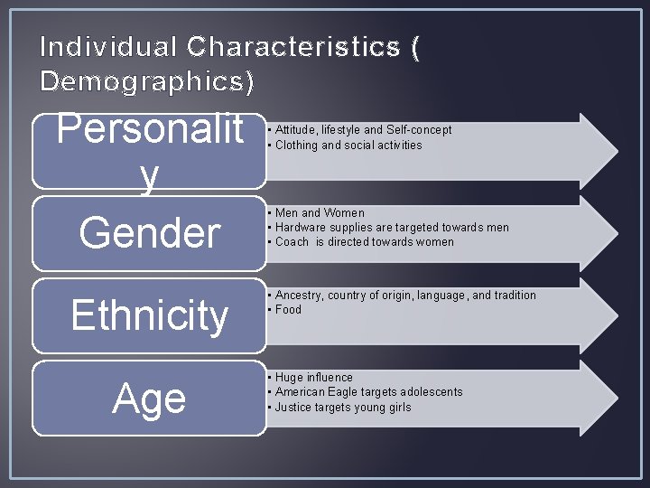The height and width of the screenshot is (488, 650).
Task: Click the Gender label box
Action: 149,233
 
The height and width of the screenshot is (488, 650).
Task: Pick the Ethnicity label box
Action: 149,315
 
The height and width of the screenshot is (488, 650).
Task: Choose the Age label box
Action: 149,399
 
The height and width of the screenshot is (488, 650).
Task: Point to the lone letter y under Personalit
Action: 149,178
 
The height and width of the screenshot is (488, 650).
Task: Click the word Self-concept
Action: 419,130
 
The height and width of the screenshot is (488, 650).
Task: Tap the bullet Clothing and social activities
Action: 348,145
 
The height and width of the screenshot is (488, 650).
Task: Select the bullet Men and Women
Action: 320,213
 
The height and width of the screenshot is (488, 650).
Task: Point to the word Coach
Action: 292,242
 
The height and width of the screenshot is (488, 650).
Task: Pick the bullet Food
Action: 288,310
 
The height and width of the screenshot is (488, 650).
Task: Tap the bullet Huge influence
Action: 313,378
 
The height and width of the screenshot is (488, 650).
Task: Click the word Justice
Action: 293,408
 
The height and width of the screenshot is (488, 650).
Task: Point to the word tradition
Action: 513,296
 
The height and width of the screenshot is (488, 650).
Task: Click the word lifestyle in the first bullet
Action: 341,130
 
